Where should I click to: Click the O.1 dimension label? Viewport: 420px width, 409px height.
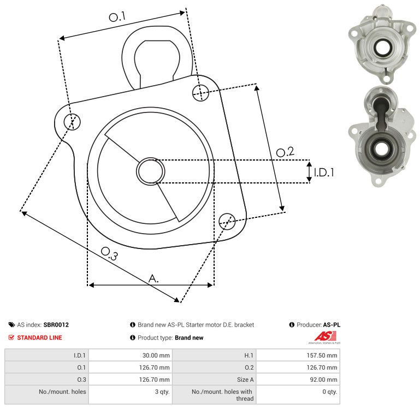pos(117,17)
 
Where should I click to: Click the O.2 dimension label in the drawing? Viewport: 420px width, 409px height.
pos(285,152)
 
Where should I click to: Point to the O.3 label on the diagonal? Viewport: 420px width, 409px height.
pos(109,253)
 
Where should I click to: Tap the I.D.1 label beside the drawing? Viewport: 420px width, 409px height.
pos(324,172)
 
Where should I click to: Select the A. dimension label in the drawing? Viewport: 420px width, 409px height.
pos(153,278)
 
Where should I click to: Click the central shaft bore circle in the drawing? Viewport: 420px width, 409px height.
pos(151,171)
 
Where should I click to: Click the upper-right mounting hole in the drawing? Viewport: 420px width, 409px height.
pos(200,93)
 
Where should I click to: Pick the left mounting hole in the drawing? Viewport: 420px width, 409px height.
pos(72,122)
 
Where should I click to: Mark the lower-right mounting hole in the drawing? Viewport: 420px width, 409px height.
pos(227,221)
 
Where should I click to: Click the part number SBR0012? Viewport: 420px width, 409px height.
pos(56,324)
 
